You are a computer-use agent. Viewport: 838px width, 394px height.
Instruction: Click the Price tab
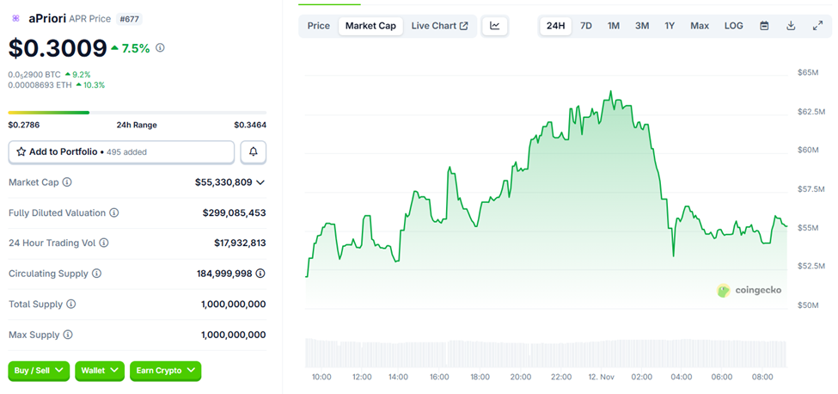[318, 26]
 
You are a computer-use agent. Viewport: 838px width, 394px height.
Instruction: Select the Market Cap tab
[370, 26]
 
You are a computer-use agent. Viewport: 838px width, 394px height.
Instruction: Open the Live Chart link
[439, 26]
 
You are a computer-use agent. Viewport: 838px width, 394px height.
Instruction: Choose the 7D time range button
[585, 26]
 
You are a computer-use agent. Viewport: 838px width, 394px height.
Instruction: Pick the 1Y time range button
[670, 26]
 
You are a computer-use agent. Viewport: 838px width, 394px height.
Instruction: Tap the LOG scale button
[733, 26]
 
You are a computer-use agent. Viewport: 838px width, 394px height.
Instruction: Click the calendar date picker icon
[764, 26]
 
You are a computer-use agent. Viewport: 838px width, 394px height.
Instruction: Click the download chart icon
[791, 26]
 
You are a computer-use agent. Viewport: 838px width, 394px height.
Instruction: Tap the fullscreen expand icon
[817, 26]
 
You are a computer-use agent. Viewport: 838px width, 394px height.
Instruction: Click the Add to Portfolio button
[121, 151]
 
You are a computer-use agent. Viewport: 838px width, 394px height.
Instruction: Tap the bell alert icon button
[254, 151]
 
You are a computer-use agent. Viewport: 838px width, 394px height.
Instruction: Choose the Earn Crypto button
[165, 370]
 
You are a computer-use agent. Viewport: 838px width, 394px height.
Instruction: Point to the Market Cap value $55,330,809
[223, 182]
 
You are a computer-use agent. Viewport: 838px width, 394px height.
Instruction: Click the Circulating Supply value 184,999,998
[224, 274]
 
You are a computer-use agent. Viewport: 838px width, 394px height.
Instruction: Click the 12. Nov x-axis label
[601, 377]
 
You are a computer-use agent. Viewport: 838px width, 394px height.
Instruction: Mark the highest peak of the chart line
[610, 90]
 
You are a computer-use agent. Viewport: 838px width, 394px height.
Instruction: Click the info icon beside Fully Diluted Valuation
[114, 213]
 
